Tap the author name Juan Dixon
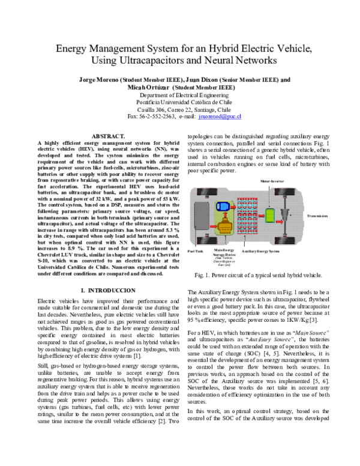(x=202, y=80)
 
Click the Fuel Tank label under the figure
(x=196, y=250)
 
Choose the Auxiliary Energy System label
(x=261, y=250)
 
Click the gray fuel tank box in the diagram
(x=202, y=214)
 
